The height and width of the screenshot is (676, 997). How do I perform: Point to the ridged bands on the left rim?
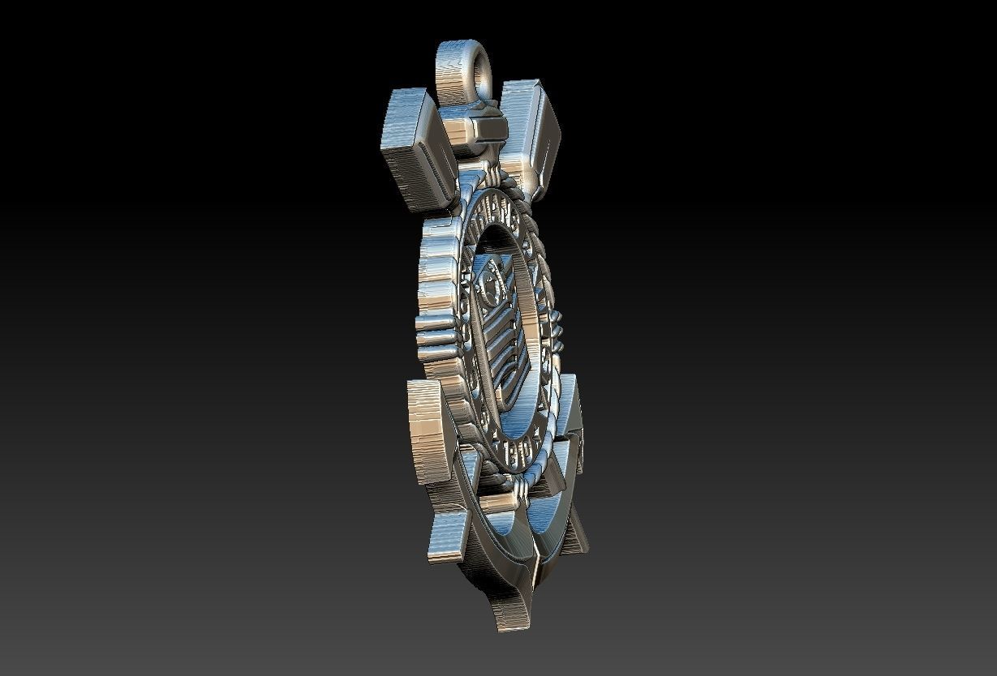click(x=434, y=332)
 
